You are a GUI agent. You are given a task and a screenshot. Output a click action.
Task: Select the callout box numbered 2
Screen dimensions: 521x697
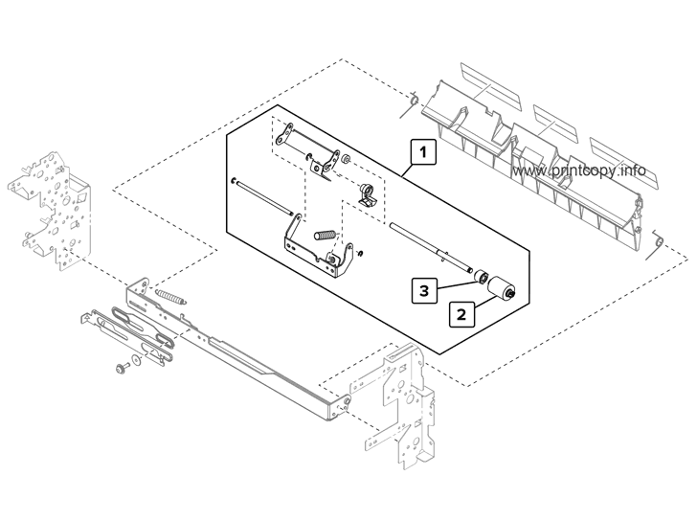[461, 313]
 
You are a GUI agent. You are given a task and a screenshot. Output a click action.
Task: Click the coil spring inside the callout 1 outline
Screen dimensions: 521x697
[326, 235]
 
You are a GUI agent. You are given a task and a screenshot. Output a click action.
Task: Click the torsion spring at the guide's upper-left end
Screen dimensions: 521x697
[411, 100]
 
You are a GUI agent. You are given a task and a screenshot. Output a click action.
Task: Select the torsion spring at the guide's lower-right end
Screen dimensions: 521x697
[657, 241]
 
